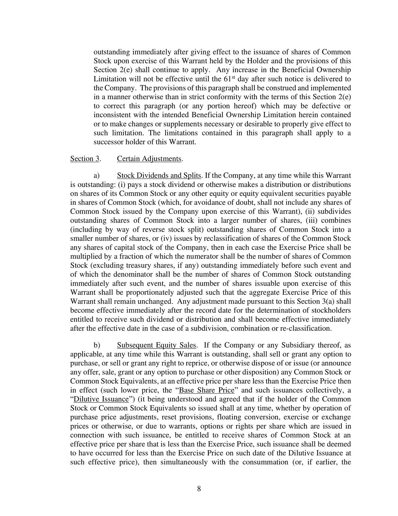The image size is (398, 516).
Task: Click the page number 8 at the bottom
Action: click(199, 489)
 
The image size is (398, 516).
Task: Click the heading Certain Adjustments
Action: click(150, 158)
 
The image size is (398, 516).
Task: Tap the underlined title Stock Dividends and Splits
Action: click(159, 176)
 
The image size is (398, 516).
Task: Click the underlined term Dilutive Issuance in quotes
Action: click(101, 399)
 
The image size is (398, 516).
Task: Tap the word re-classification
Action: click(305, 328)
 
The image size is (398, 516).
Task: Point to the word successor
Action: click(108, 142)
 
